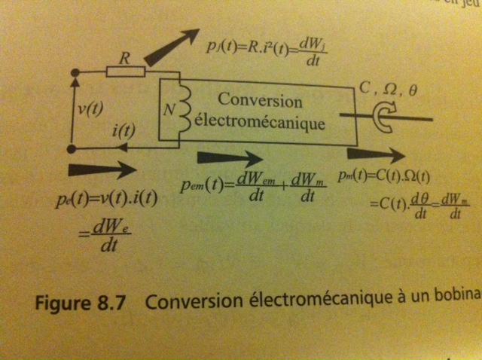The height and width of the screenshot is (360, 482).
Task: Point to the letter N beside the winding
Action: (x=169, y=110)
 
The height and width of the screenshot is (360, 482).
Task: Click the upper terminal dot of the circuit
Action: (x=74, y=72)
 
